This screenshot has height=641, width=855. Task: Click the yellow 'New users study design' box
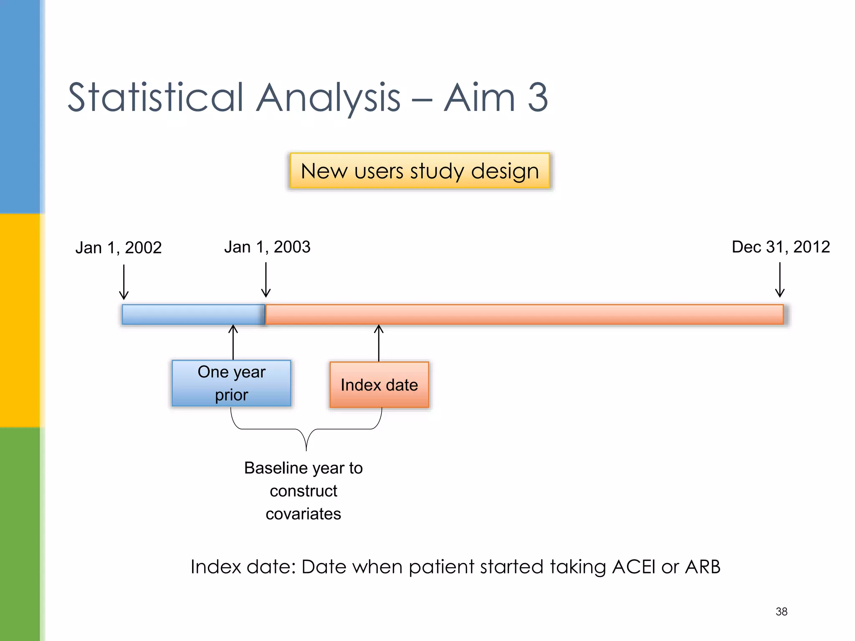420,171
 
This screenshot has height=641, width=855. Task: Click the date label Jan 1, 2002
118,247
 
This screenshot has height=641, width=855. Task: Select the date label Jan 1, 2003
267,247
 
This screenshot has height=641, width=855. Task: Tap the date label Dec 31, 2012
780,247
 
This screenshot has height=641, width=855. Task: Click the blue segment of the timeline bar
193,314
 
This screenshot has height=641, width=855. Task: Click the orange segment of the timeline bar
524,314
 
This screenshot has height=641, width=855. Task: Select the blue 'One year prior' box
231,383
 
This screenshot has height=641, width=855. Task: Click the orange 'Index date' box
379,384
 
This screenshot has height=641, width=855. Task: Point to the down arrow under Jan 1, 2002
124,282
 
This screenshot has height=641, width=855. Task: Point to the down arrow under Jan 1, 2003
266,280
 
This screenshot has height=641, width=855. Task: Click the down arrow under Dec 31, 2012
779,280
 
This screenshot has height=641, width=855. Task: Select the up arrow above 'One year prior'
233,342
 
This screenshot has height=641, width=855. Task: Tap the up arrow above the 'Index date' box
379,343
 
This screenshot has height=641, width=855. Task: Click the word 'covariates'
303,514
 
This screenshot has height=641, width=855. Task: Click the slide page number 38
781,611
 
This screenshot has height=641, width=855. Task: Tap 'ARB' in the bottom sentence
703,567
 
